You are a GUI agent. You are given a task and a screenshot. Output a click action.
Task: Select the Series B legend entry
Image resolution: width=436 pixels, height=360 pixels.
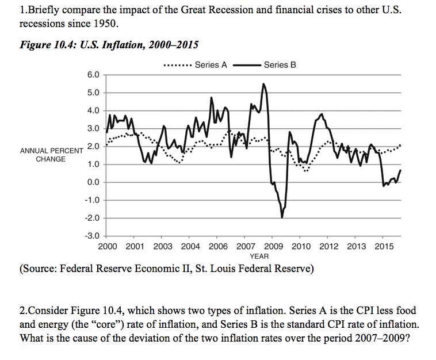point(280,64)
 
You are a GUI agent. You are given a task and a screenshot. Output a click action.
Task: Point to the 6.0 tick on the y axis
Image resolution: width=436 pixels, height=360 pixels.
point(93,75)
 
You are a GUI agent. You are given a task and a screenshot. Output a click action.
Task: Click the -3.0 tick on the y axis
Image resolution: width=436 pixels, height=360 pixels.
point(92,236)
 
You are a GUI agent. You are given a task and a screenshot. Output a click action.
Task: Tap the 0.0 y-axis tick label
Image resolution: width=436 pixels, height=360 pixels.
point(93,182)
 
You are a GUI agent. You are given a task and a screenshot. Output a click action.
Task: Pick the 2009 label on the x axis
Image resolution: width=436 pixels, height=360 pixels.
point(273,247)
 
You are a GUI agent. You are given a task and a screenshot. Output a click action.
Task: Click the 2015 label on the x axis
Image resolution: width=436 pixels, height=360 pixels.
point(384,247)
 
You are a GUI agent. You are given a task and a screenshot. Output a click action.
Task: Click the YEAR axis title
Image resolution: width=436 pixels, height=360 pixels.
point(259,256)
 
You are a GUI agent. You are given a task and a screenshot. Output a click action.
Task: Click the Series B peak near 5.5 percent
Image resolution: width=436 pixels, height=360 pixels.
point(263,84)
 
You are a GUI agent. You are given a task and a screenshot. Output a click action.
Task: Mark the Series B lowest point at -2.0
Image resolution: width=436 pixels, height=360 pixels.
point(282,217)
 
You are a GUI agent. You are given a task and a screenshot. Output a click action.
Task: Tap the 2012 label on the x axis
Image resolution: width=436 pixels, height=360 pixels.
point(328,247)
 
